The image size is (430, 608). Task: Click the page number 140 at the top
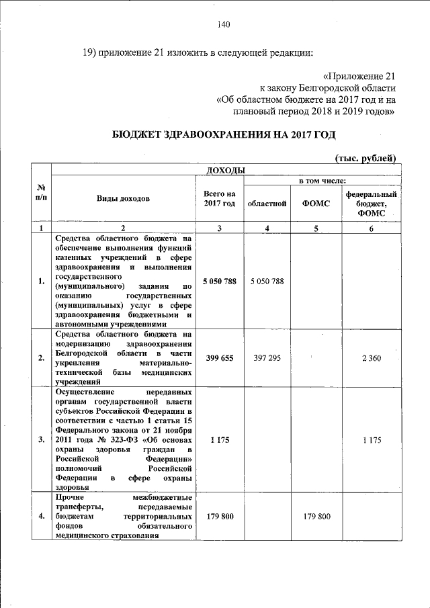[x=224, y=25]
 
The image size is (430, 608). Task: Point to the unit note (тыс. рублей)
[x=365, y=158]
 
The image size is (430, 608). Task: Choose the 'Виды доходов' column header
[x=123, y=199]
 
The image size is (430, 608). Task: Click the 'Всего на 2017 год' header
[x=219, y=199]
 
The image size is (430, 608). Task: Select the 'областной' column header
[x=267, y=203]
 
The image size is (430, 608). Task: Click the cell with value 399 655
[x=219, y=358]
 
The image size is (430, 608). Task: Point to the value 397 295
[x=267, y=358]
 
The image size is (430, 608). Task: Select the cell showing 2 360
[x=371, y=358]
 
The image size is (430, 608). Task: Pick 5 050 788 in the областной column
[x=267, y=281]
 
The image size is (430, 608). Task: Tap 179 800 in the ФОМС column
[x=317, y=517]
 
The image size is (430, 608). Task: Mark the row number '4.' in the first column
[x=41, y=517]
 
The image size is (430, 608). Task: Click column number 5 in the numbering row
[x=317, y=228]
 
